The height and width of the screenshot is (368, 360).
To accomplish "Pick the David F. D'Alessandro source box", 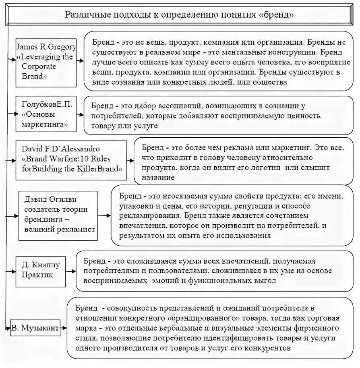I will point(71,159).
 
